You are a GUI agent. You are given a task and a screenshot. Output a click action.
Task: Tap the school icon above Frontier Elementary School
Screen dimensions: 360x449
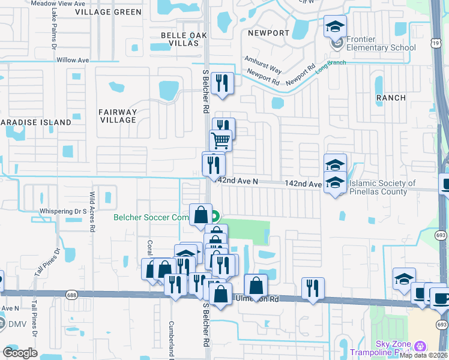(x=335, y=26)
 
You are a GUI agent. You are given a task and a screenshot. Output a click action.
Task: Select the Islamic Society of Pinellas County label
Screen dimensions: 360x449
(x=382, y=188)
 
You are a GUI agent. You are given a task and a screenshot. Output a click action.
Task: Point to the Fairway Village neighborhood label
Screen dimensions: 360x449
(x=118, y=116)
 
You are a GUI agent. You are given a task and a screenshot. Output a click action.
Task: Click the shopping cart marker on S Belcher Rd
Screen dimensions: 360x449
(x=221, y=141)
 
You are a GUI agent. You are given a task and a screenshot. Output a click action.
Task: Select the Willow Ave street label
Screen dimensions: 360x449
(x=73, y=60)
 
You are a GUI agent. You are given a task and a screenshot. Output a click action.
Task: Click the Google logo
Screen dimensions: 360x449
(x=20, y=353)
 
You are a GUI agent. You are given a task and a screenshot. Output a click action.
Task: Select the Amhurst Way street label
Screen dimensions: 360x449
(x=263, y=64)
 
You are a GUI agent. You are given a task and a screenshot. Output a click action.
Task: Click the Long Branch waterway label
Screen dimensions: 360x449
(x=331, y=66)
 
